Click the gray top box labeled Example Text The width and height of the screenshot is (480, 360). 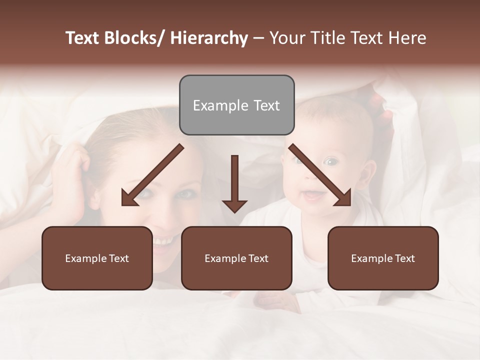coord(236,105)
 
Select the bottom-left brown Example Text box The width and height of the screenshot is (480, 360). coord(97,258)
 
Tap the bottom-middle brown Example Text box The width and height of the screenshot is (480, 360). coord(236,258)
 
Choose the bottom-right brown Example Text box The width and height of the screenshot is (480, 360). coord(383,258)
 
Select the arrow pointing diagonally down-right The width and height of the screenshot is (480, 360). coord(320,175)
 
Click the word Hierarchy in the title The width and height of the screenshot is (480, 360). coord(209,38)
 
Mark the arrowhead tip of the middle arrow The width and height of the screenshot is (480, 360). coord(234,212)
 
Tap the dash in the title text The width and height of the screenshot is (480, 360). coord(258,38)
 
